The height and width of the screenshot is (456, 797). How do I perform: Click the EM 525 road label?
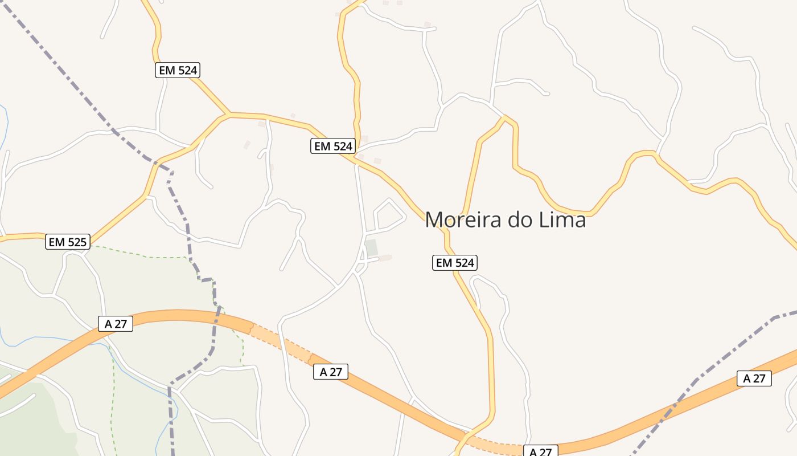point(68,242)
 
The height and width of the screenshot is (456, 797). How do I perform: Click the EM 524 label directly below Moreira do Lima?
point(454,263)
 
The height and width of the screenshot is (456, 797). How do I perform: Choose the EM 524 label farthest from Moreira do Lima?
point(178,70)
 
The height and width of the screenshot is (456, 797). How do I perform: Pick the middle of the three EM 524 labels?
point(333,146)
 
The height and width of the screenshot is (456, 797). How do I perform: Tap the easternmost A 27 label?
point(754,378)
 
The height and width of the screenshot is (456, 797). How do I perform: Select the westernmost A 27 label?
point(116,324)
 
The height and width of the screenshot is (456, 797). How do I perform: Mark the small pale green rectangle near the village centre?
point(371,248)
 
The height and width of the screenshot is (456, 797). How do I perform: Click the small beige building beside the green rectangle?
point(386,258)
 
